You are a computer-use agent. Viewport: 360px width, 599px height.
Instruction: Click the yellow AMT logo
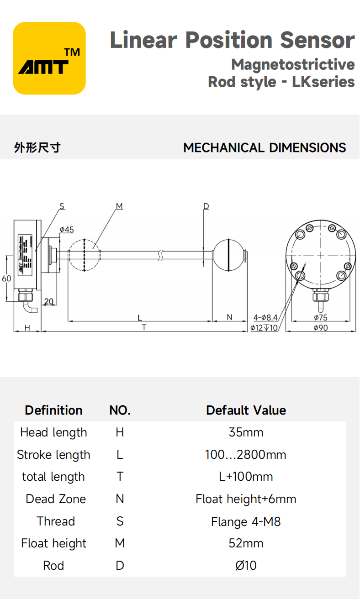[49, 58]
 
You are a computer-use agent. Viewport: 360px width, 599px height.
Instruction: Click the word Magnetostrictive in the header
[293, 64]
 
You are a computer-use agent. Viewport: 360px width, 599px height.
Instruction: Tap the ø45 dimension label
[67, 230]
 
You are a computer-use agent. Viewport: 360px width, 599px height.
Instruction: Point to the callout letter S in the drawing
[62, 206]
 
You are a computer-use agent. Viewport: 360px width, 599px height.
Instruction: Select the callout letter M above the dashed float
[119, 206]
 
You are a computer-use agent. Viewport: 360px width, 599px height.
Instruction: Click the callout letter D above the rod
[206, 206]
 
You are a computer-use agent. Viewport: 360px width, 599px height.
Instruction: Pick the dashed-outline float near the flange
[85, 255]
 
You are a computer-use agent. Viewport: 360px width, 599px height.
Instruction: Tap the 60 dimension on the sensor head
[6, 278]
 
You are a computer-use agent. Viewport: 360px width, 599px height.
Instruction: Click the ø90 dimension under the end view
[321, 328]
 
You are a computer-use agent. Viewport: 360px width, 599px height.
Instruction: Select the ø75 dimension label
[321, 317]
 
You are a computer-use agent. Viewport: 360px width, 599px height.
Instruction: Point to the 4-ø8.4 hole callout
[265, 317]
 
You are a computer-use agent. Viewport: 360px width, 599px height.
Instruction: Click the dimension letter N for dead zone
[230, 317]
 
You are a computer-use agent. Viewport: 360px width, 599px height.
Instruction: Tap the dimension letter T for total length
[144, 327]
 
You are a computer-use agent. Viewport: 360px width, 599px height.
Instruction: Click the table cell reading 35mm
[246, 432]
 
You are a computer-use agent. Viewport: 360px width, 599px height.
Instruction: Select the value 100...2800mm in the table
[246, 455]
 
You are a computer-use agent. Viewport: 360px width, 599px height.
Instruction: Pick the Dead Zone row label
[56, 499]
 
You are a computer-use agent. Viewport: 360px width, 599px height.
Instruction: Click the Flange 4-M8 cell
[246, 521]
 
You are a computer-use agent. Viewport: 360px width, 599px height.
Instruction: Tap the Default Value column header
[246, 410]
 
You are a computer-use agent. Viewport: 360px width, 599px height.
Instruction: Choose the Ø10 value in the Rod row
[246, 566]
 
